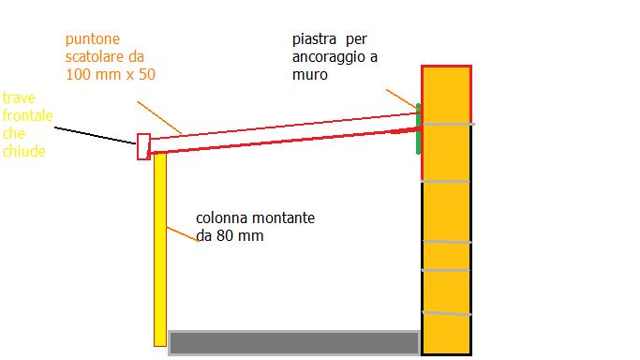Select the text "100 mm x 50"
111,74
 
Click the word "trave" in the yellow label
19,98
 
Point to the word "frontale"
27,115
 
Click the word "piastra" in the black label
314,40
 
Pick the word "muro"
310,74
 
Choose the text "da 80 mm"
230,236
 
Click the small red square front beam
143,146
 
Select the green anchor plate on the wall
418,131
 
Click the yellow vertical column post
159,248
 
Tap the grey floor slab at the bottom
293,343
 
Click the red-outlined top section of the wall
446,94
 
